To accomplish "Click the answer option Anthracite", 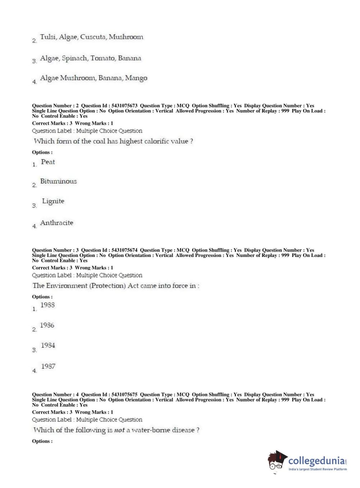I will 56,223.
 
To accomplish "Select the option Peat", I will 48,162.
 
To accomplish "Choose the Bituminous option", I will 58,181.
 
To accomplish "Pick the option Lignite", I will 53,201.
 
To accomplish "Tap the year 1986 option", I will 47,325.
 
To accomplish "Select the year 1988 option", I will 47,305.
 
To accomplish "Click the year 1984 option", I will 48,345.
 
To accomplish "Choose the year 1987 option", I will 48,366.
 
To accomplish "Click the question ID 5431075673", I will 124,106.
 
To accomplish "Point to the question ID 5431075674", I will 124,250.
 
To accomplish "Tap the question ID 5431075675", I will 124,394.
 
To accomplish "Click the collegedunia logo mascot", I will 277,461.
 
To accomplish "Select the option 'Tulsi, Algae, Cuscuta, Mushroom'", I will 91,37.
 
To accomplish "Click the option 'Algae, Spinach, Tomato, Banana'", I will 90,58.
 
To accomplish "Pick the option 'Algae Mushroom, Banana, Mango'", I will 94,78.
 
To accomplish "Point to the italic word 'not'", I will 119,430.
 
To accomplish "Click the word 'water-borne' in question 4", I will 151,430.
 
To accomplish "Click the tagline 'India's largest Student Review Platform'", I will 318,469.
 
